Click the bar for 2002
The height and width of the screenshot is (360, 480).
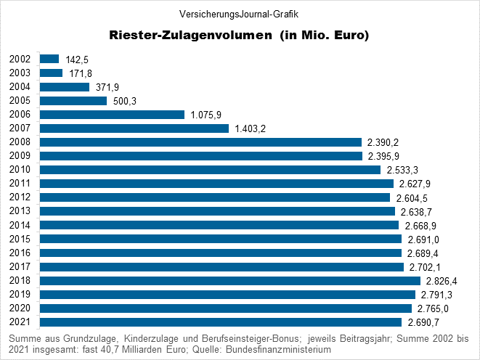pyautogui.click(x=49, y=59)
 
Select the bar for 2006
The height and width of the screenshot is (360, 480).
pyautogui.click(x=112, y=115)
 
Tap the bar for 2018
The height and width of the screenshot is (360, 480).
pyautogui.click(x=230, y=281)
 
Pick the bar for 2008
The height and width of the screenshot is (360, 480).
pyautogui.click(x=200, y=142)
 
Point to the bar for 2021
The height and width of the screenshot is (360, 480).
pyautogui.click(x=221, y=322)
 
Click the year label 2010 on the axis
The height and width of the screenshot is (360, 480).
pyautogui.click(x=20, y=170)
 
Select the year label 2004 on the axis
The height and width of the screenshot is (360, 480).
pyautogui.click(x=20, y=87)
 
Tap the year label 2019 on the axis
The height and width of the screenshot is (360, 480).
pyautogui.click(x=20, y=295)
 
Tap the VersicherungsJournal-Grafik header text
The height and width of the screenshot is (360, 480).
pyautogui.click(x=239, y=13)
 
